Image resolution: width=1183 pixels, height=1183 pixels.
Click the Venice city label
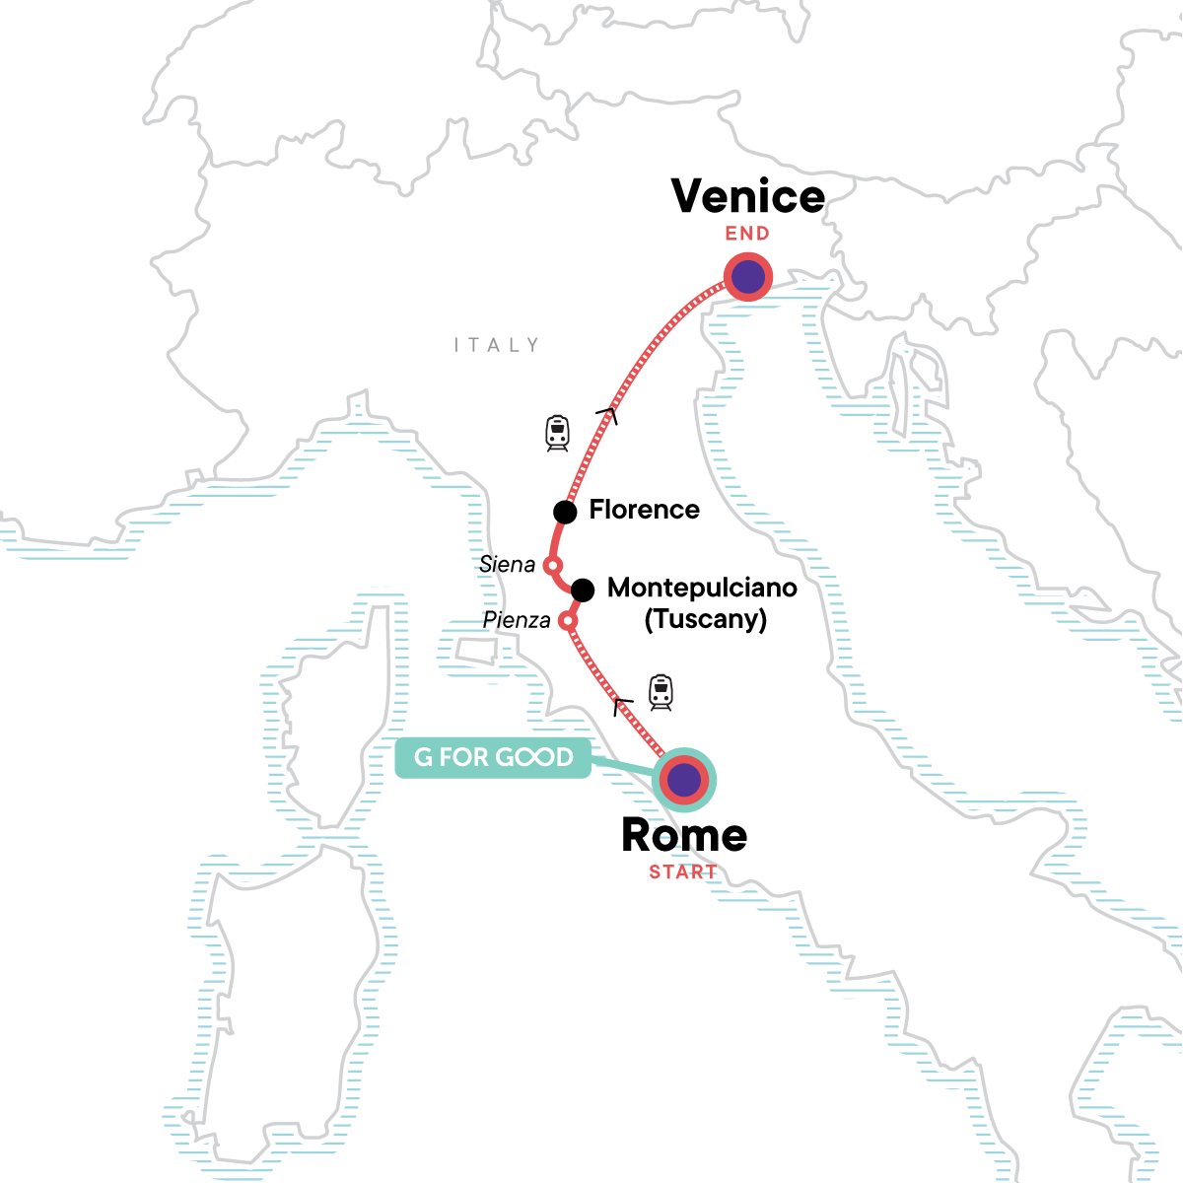tap(748, 196)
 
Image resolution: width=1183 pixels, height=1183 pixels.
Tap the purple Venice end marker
tap(748, 277)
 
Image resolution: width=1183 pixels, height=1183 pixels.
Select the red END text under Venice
tap(747, 234)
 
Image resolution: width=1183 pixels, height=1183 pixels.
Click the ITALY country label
tap(497, 345)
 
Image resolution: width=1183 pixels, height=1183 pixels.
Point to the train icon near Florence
tap(558, 434)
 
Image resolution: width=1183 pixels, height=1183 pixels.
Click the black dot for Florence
tap(565, 512)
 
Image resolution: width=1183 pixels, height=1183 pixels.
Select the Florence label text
tap(644, 510)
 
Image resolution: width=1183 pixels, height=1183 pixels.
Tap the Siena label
tap(507, 565)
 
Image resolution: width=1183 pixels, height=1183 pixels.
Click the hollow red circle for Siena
tap(553, 566)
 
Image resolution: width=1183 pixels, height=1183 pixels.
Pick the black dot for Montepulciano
tap(583, 591)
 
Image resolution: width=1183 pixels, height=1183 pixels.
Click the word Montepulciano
tap(702, 588)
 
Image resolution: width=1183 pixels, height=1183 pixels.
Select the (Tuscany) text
tap(706, 619)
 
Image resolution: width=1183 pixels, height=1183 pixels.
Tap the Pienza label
tap(517, 620)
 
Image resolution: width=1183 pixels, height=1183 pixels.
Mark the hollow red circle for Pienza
tap(567, 621)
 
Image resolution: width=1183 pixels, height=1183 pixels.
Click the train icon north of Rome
tap(661, 692)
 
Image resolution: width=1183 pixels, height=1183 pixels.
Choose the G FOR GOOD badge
tap(493, 757)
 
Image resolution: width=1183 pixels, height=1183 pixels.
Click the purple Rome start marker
tap(684, 781)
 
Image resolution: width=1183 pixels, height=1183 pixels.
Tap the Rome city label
tap(684, 836)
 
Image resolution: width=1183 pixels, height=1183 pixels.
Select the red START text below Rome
tap(682, 872)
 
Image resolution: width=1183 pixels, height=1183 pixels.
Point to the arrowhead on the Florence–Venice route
tap(608, 414)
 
